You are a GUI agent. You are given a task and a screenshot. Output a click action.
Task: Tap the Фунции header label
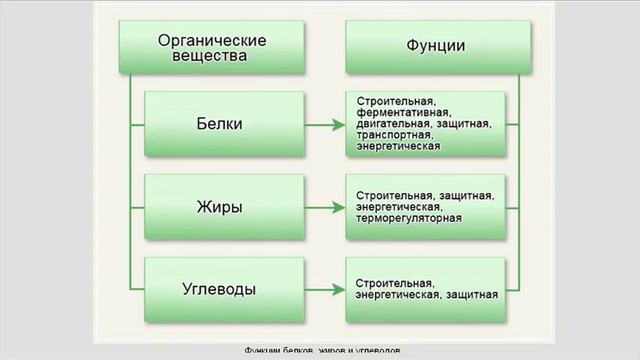point(434,46)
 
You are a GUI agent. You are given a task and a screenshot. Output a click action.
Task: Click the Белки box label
point(220,125)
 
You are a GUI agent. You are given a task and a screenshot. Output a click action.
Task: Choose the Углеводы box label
point(220,289)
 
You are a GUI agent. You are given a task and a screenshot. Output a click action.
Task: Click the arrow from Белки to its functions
point(319,125)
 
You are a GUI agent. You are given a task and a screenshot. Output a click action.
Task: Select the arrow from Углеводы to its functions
point(319,289)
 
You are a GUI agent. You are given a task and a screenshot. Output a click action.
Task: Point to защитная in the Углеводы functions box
point(472,296)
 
